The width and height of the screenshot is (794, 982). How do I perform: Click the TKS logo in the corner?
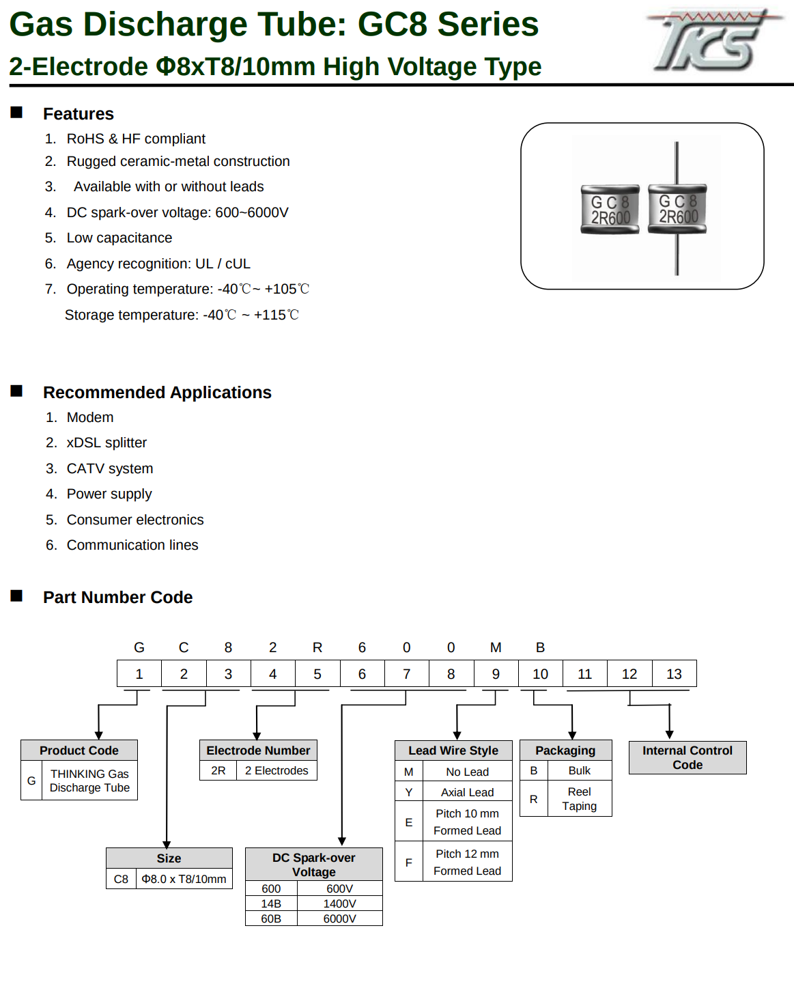coord(713,40)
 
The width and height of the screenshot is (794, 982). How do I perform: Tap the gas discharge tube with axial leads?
coord(677,208)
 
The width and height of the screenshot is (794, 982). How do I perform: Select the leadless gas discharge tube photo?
coord(610,210)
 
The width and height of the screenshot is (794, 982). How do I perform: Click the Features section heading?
coord(79,114)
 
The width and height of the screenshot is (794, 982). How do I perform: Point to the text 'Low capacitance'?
coord(119,238)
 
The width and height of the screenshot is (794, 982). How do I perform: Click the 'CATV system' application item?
coord(110,468)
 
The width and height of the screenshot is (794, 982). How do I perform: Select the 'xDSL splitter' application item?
coord(107,443)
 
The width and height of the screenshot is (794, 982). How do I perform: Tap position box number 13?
coord(675,673)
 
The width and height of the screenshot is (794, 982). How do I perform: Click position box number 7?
coord(406,673)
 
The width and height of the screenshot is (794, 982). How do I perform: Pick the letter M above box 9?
coord(496,648)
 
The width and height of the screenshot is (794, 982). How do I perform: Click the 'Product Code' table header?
coord(79,750)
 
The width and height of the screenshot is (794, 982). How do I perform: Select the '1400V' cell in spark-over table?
coord(339,903)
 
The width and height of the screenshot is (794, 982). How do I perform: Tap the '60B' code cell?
coord(271,918)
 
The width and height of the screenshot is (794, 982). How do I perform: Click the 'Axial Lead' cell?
coord(467,792)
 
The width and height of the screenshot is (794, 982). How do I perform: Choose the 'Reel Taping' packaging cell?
coord(579,799)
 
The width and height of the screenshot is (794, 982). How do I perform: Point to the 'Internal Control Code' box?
coord(687,757)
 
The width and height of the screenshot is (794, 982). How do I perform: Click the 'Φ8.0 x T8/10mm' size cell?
coord(184,879)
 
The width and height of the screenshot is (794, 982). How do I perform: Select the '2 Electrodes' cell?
coord(277,770)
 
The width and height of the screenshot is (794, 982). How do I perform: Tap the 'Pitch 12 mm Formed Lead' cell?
coord(467,862)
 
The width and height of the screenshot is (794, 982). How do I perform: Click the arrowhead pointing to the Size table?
coord(167,844)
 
